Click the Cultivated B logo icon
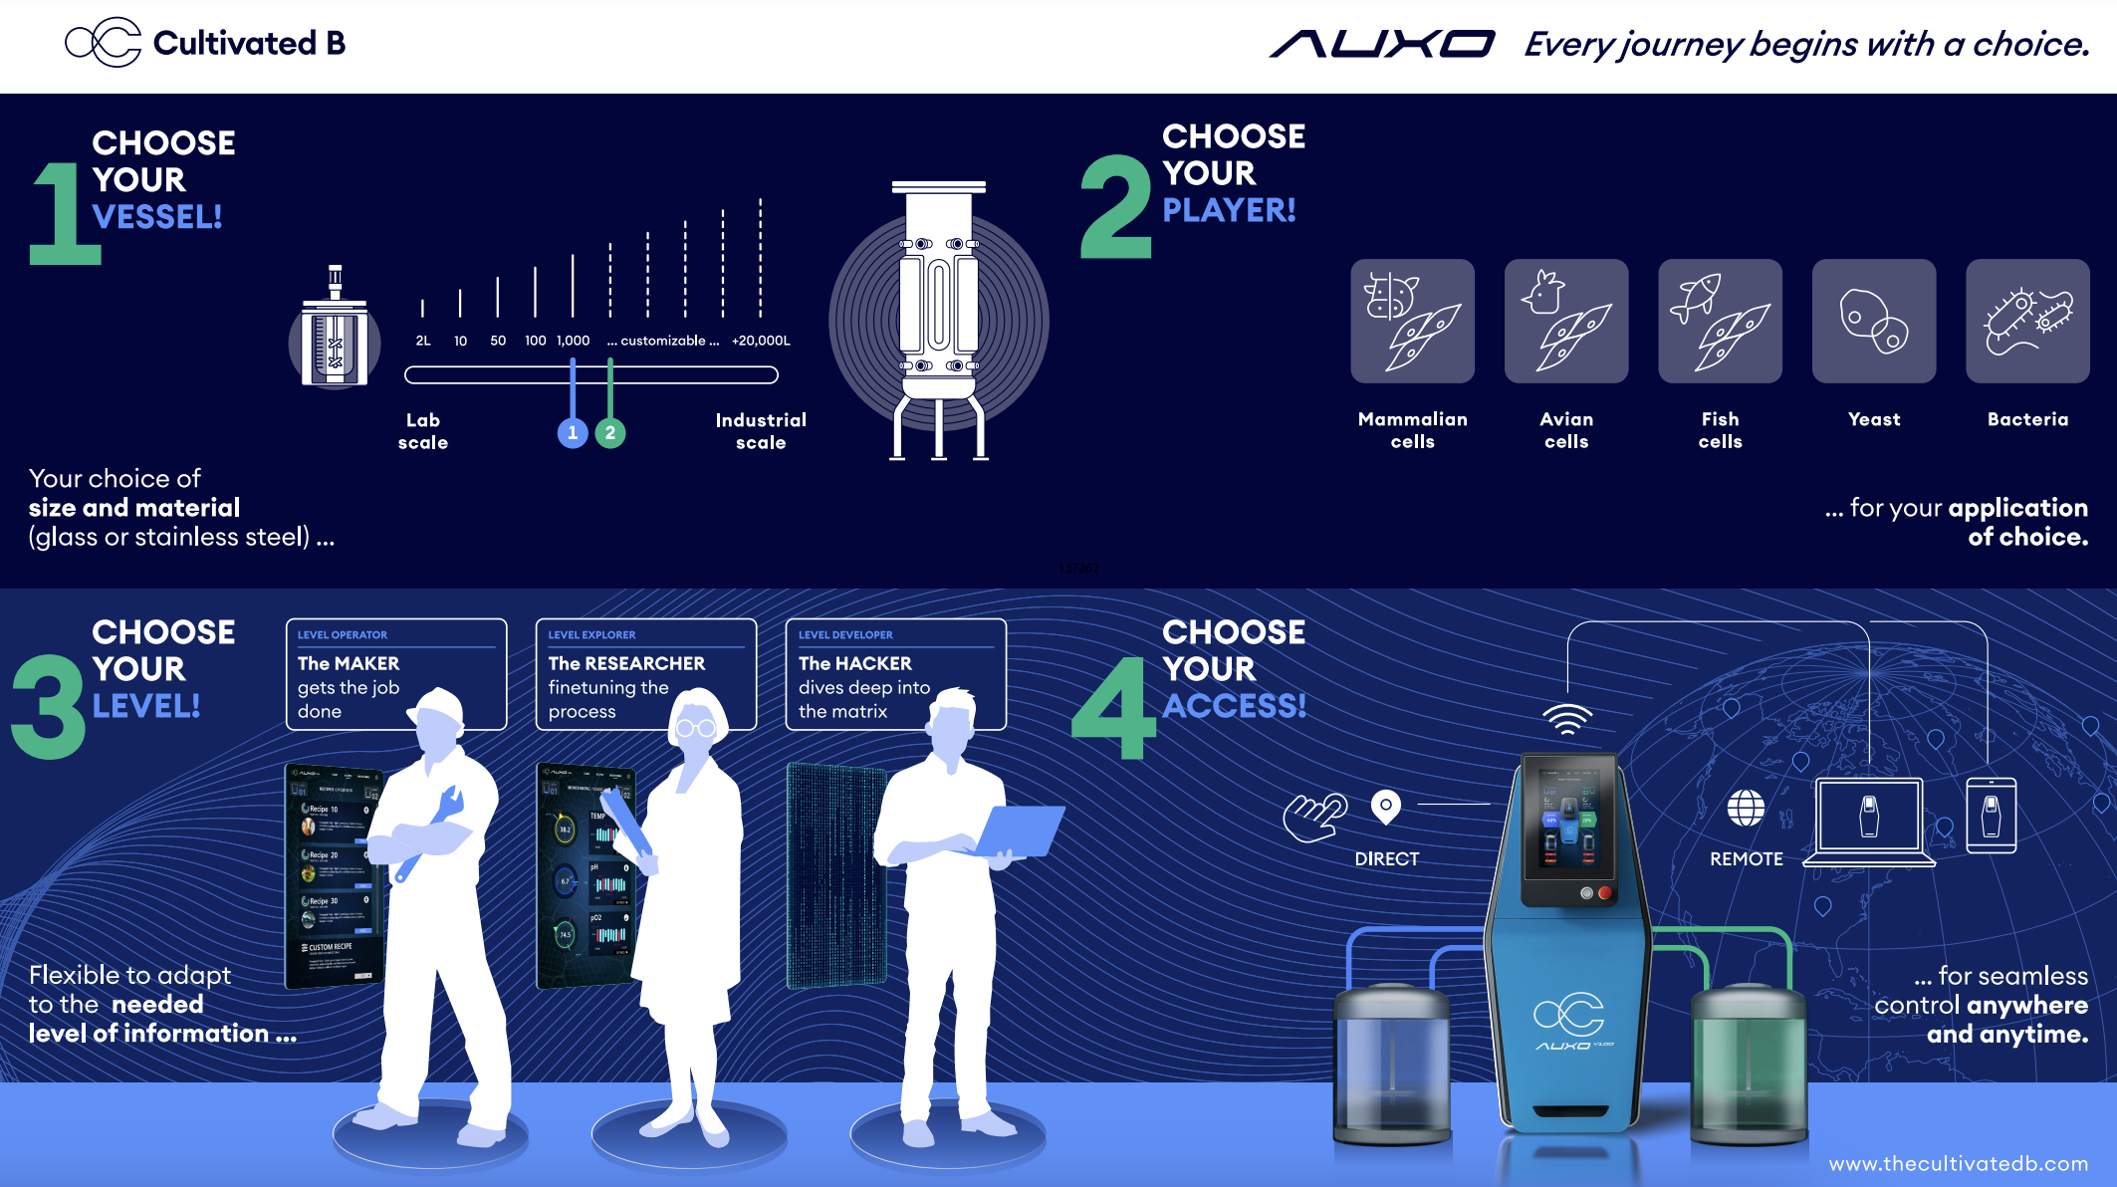[104, 43]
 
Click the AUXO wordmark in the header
[1382, 45]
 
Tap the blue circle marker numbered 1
[573, 433]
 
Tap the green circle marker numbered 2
[610, 433]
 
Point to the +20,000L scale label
[761, 341]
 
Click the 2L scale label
[423, 341]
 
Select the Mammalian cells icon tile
[1412, 322]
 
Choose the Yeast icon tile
[1873, 322]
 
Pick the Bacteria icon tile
[2027, 322]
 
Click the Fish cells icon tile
[1720, 322]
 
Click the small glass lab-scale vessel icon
[336, 335]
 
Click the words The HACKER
[854, 663]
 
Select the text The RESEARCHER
[626, 663]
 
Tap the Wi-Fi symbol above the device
[1567, 718]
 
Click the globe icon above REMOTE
[1746, 809]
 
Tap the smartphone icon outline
[1991, 816]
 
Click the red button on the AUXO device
[1604, 893]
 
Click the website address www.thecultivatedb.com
[1958, 1163]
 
